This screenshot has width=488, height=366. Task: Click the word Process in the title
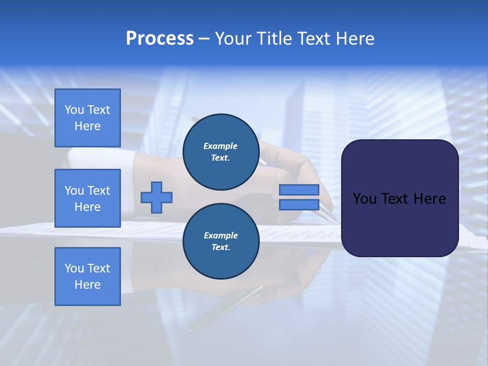(160, 39)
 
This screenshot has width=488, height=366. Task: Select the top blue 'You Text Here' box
(87, 118)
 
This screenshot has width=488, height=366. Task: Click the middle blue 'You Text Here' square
(87, 198)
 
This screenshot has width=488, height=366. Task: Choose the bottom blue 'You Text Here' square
(87, 276)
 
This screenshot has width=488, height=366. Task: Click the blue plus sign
(157, 197)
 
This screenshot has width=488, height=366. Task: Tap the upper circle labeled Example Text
(221, 152)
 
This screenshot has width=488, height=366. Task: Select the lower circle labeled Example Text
(221, 241)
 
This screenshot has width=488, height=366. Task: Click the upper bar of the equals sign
(299, 190)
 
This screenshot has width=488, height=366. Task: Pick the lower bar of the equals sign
(299, 204)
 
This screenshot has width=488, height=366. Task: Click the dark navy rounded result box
(400, 224)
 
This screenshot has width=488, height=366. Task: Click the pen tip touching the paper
(336, 222)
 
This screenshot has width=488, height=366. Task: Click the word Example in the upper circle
(221, 146)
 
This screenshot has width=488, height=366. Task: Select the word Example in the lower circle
(221, 235)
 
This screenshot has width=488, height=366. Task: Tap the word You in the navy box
(364, 199)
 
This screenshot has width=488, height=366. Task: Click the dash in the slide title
(204, 39)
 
